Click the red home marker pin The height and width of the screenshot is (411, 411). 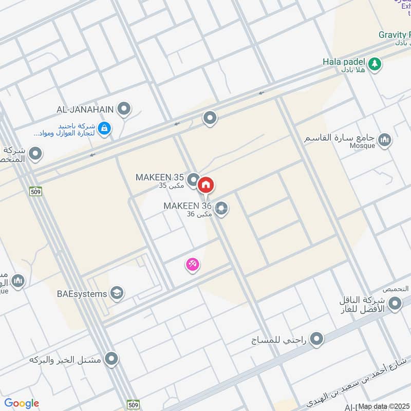point(206,184)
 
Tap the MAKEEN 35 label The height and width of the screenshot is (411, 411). point(159,177)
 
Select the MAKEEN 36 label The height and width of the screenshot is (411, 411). point(188,206)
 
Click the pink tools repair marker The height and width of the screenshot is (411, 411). point(193,265)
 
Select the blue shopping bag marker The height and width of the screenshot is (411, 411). point(104,128)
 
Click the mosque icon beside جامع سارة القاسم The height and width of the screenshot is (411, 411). point(384,139)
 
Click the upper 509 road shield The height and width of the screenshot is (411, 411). point(35,191)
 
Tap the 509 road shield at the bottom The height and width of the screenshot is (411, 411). point(133,404)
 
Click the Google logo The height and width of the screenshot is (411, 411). point(22,403)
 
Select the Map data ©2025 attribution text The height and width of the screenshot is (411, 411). point(384,406)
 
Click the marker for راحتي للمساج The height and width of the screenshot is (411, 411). point(317,339)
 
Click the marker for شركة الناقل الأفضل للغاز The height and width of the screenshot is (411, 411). point(395,304)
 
